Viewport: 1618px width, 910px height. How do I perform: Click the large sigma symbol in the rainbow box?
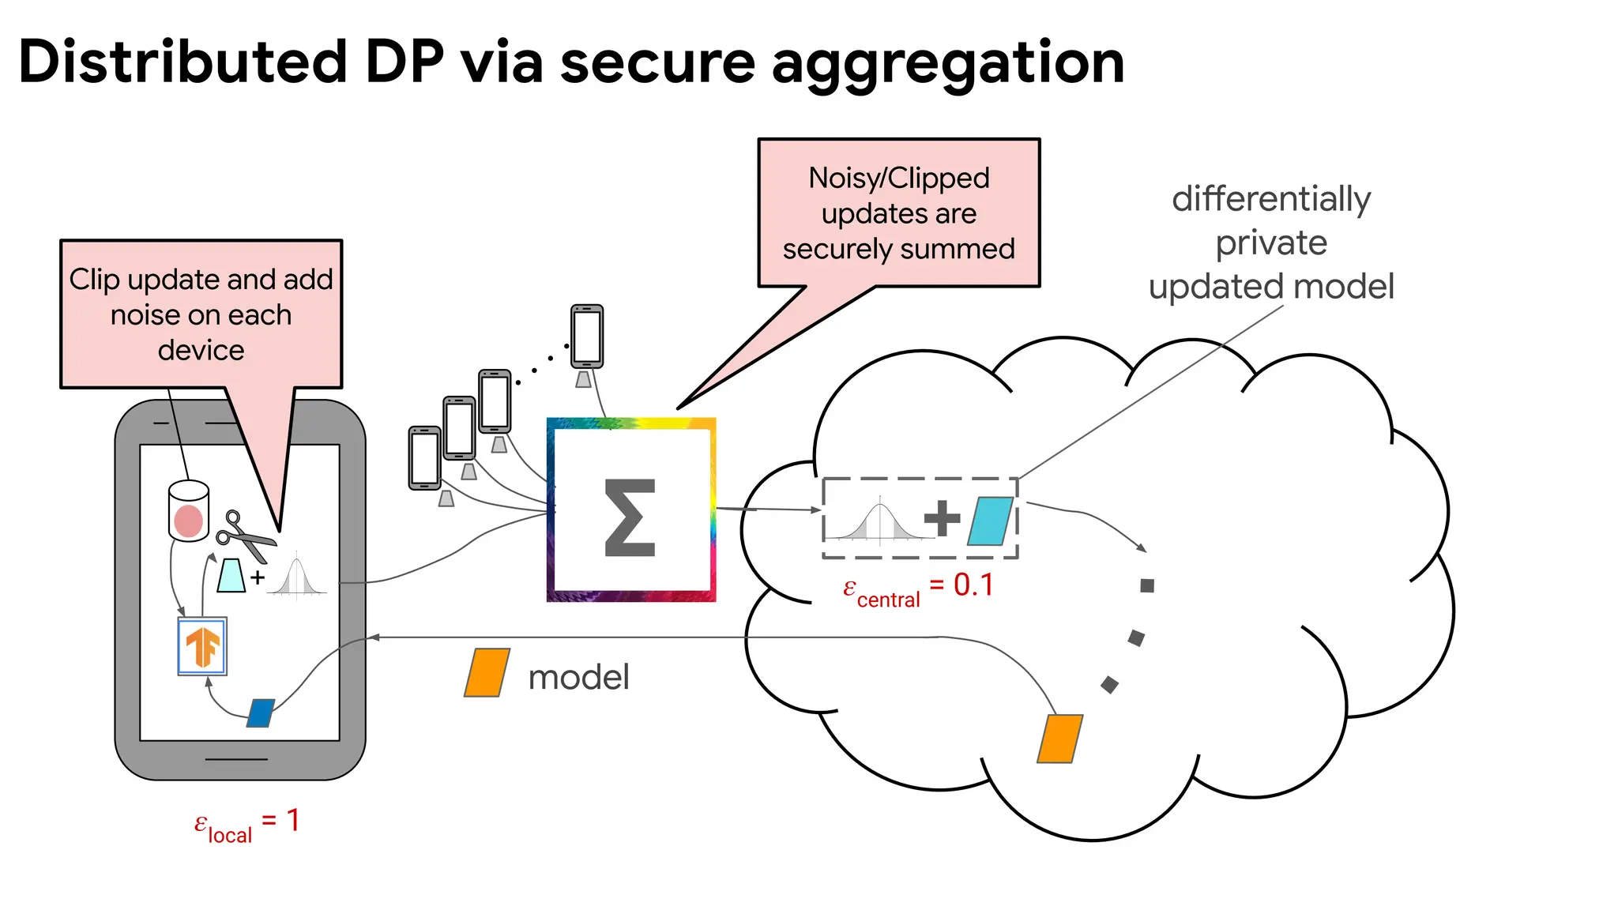(630, 518)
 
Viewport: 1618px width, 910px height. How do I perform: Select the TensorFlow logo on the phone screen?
(202, 646)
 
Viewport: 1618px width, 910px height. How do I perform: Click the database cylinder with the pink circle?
(189, 511)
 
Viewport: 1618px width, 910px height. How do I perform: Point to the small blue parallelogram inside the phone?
(261, 713)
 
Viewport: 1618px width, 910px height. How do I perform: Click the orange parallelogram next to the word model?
(487, 673)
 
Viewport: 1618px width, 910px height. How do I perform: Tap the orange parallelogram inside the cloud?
(1059, 739)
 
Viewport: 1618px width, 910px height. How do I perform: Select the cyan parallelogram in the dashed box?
(990, 521)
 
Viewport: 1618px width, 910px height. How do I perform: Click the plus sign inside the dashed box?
(942, 518)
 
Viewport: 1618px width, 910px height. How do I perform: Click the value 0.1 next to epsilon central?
(973, 585)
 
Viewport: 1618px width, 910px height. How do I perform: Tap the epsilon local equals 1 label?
(246, 824)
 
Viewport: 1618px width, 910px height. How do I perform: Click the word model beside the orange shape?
(578, 677)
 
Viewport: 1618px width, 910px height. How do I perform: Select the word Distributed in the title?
(182, 62)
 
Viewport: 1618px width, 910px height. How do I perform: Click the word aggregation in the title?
(947, 63)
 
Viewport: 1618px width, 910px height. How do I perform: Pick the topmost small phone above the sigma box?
(587, 337)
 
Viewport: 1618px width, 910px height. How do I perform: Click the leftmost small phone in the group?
(424, 458)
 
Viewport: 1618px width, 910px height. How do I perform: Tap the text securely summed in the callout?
(898, 249)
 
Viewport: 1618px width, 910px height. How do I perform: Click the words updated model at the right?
(1270, 286)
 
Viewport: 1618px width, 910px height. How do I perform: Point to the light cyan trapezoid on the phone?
(231, 576)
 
